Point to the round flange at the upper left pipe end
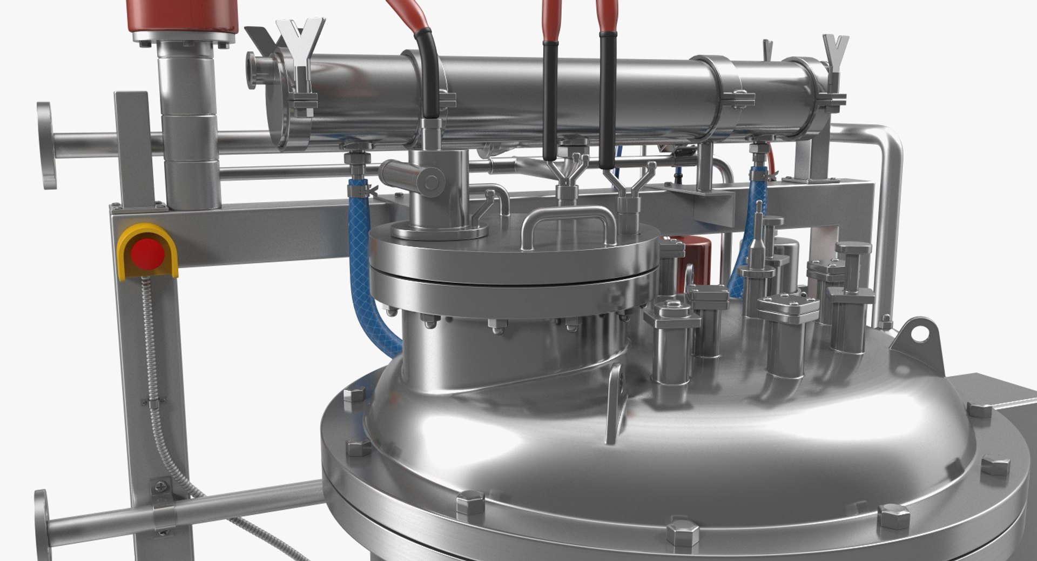[x=46, y=145]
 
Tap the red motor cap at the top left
[x=183, y=16]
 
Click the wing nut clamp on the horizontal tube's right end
[x=834, y=65]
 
